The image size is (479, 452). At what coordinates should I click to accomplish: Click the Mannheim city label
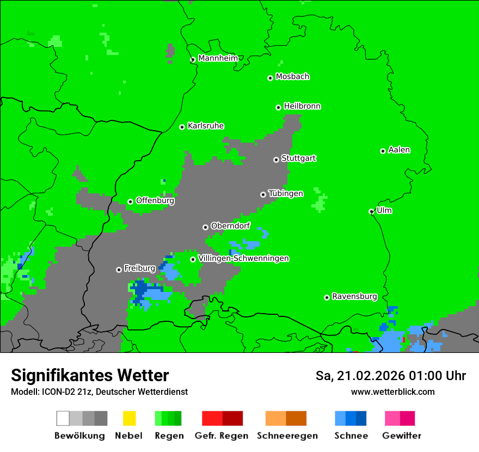click(x=218, y=58)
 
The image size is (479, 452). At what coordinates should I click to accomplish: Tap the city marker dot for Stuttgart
click(x=276, y=160)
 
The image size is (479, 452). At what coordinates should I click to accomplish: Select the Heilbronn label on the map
click(x=302, y=106)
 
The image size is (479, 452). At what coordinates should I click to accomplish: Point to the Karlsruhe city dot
click(x=182, y=127)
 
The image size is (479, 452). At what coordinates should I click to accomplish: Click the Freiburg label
click(x=139, y=268)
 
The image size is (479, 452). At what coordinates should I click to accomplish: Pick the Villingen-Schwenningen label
click(x=243, y=258)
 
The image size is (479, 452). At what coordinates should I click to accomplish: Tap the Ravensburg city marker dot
click(x=327, y=297)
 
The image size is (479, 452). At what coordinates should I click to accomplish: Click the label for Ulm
click(x=384, y=210)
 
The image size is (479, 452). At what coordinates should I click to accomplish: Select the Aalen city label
click(x=399, y=150)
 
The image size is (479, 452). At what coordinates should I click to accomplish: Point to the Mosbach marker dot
click(x=270, y=78)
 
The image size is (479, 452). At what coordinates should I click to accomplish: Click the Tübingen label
click(x=286, y=193)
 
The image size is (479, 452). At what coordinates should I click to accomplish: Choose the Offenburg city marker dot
click(x=130, y=201)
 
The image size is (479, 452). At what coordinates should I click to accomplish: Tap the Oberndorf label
click(x=230, y=225)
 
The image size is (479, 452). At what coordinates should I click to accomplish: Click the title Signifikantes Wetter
click(x=90, y=375)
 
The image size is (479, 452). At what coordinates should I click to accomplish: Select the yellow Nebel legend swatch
click(x=129, y=418)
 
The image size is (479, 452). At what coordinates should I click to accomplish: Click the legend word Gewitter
click(x=402, y=436)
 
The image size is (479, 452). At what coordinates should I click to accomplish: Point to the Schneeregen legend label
click(x=287, y=436)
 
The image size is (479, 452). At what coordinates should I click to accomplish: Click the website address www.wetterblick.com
click(x=392, y=392)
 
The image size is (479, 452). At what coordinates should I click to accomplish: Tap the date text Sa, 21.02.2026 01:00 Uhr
click(x=390, y=376)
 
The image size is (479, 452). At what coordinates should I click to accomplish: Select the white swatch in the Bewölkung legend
click(x=63, y=418)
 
